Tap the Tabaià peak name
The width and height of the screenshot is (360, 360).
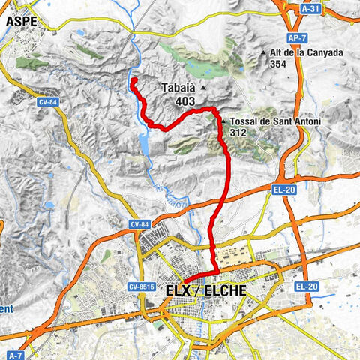pos(178,88)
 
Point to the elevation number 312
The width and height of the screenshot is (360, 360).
pos(239,133)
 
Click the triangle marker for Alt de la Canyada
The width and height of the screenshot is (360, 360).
pos(263,53)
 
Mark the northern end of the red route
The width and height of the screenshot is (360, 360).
pos(133,79)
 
